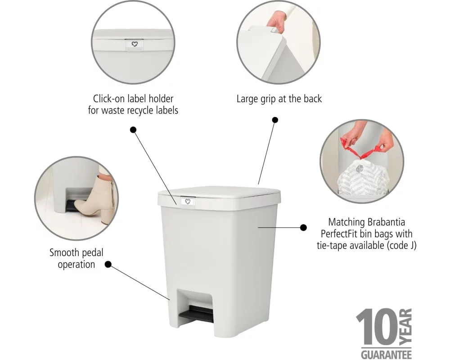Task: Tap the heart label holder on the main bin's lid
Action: [x=188, y=202]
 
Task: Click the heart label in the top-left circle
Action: [x=135, y=44]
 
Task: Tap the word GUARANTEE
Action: [x=386, y=355]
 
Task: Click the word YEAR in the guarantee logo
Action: [x=406, y=327]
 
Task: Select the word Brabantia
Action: [x=386, y=222]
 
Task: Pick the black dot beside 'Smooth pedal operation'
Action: [x=108, y=265]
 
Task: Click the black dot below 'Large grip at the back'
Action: [x=275, y=120]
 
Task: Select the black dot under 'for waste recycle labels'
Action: [x=133, y=130]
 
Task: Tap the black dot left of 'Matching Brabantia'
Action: [x=303, y=228]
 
